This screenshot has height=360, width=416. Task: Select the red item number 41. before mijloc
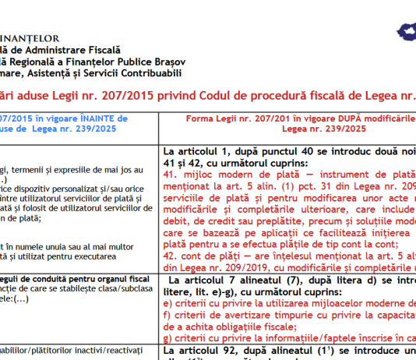pyautogui.click(x=171, y=168)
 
